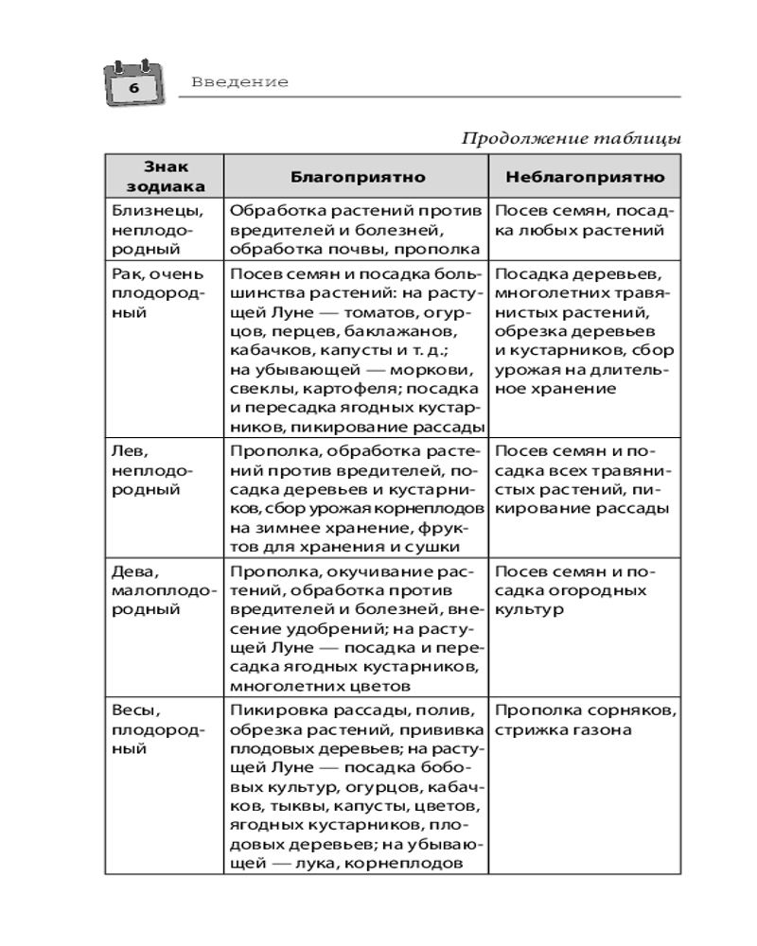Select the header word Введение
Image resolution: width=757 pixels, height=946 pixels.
(x=239, y=82)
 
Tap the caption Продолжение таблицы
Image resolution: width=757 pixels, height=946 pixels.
(x=571, y=138)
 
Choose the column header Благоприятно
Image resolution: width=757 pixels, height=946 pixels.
(x=357, y=177)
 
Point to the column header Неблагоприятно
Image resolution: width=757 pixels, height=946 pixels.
(x=585, y=177)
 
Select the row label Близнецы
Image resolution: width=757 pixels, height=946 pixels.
(x=147, y=211)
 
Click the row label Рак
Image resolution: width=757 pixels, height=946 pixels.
(x=124, y=274)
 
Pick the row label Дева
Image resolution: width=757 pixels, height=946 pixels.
(x=131, y=571)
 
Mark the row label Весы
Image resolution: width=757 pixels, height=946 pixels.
(x=132, y=709)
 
